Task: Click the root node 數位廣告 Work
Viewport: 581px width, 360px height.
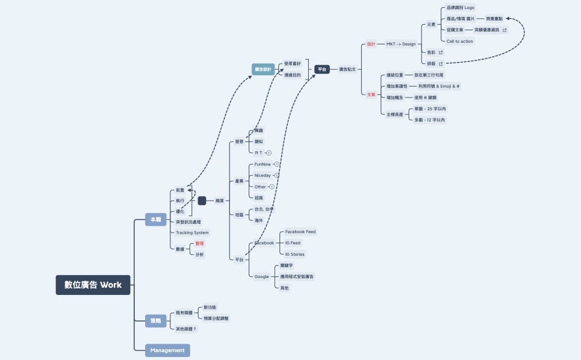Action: [x=93, y=285]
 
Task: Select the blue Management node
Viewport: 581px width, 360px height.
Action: [x=167, y=350]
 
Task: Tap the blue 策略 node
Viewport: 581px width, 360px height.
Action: [x=155, y=321]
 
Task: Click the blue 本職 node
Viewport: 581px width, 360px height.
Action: [x=155, y=220]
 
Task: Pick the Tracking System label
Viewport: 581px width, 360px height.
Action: [x=192, y=232]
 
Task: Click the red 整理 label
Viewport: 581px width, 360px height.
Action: [x=199, y=244]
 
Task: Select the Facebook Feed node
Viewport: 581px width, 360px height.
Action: [x=300, y=232]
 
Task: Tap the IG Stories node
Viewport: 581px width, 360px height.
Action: [x=294, y=254]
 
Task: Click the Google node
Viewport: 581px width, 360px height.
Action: [x=261, y=276]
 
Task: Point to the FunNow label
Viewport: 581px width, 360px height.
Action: [x=263, y=164]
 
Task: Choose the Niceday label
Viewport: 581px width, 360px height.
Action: [x=263, y=175]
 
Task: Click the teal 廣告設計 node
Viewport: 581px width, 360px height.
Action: [x=263, y=69]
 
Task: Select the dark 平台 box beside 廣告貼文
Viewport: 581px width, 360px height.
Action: [x=322, y=69]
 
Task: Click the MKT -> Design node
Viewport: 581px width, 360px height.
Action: [x=401, y=44]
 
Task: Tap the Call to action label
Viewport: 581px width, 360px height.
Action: [x=460, y=41]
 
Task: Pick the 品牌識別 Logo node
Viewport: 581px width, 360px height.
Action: [x=461, y=8]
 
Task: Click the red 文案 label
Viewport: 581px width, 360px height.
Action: [x=371, y=95]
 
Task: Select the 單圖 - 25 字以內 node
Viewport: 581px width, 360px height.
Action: [x=430, y=109]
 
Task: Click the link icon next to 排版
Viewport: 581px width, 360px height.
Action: [x=441, y=63]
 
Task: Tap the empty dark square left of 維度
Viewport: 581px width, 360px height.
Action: [x=202, y=200]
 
